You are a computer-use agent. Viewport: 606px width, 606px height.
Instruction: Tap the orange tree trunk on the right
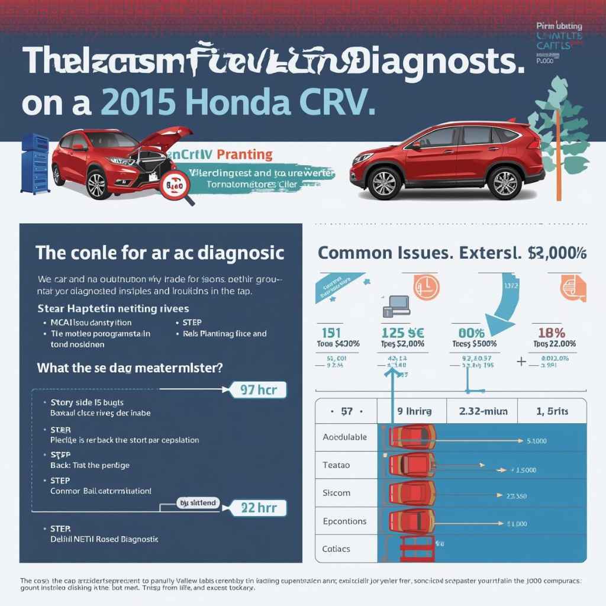pos(557,178)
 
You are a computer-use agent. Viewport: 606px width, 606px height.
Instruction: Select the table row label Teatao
pos(336,465)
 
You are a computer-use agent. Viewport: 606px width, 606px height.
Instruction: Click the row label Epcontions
pos(345,521)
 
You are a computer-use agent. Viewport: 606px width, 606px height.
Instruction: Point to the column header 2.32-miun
pos(481,411)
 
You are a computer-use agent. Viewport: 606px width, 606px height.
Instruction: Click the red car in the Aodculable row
pos(412,437)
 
